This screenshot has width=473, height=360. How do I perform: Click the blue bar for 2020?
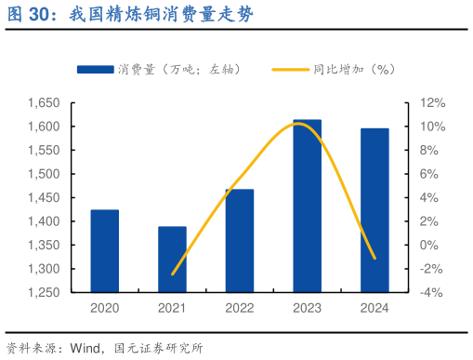pyautogui.click(x=104, y=251)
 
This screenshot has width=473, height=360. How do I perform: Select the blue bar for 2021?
pyautogui.click(x=172, y=260)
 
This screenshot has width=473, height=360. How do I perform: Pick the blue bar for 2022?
pyautogui.click(x=239, y=241)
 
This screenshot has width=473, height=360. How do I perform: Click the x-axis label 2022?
pyautogui.click(x=239, y=308)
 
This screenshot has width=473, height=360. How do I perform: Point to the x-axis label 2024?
pyautogui.click(x=374, y=308)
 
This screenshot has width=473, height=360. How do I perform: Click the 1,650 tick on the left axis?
pyautogui.click(x=44, y=102)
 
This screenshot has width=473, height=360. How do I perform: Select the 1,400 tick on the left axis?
pyautogui.click(x=44, y=221)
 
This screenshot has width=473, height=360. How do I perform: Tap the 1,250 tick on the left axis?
pyautogui.click(x=44, y=292)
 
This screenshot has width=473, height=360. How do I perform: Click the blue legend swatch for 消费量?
pyautogui.click(x=95, y=69)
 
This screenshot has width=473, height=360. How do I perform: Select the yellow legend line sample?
pyautogui.click(x=290, y=69)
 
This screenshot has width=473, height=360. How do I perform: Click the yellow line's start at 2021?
pyautogui.click(x=173, y=274)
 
